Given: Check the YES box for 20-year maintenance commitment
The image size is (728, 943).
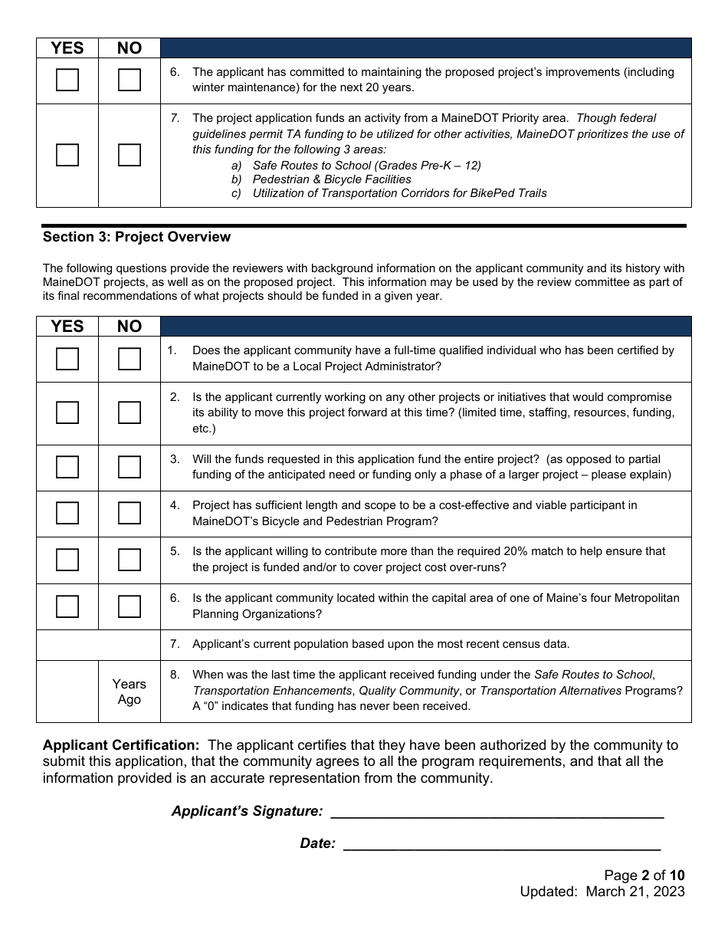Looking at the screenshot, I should (x=67, y=80).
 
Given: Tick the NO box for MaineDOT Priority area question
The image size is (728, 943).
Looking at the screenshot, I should (x=130, y=155).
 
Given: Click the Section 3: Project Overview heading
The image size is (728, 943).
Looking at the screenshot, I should (x=136, y=237).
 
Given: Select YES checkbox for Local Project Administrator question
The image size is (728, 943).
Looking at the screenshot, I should (x=67, y=359).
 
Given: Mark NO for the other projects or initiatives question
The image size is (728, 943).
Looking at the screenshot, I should (x=130, y=412).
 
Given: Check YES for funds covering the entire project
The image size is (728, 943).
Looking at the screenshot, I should (x=67, y=467).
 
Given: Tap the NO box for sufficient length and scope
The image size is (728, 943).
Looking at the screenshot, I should (x=130, y=513).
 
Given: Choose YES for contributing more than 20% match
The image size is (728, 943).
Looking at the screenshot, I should (x=67, y=560).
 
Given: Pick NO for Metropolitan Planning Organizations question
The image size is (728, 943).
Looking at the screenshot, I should (x=130, y=606).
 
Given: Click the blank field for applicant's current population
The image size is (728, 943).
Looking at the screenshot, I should (x=98, y=645).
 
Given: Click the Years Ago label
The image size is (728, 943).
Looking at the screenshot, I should (x=130, y=692).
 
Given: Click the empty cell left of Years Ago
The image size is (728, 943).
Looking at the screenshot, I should (x=67, y=692).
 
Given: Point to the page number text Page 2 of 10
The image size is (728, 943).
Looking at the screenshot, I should (x=644, y=876).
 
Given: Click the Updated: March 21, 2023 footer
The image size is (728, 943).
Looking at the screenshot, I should (x=602, y=892).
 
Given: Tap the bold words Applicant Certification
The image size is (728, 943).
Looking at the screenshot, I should (x=121, y=745).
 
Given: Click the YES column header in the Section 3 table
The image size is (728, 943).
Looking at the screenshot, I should (x=67, y=326).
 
